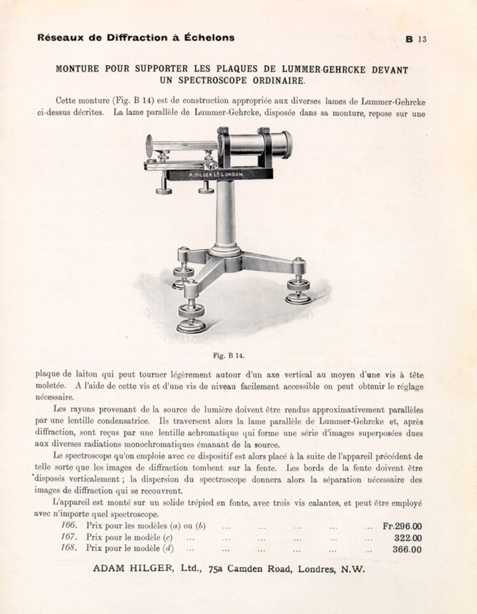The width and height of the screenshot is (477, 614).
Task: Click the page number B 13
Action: pyautogui.click(x=416, y=39)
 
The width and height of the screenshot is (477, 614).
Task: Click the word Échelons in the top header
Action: pyautogui.click(x=209, y=38)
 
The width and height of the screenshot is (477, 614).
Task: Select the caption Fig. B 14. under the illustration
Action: pyautogui.click(x=228, y=355)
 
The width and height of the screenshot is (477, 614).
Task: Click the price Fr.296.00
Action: pyautogui.click(x=402, y=526)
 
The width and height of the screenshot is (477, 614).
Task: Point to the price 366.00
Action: pyautogui.click(x=407, y=550)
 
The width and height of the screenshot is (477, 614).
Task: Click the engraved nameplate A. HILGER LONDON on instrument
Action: pyautogui.click(x=215, y=174)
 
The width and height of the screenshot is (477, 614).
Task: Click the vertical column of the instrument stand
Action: pyautogui.click(x=225, y=214)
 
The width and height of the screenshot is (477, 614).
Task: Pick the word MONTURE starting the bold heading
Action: pyautogui.click(x=77, y=70)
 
